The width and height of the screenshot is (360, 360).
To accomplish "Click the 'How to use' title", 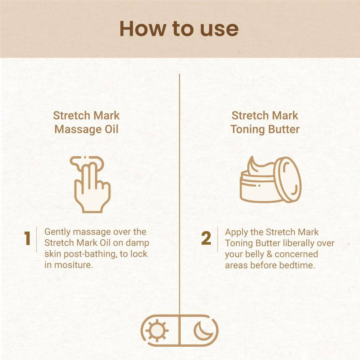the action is click(x=179, y=29).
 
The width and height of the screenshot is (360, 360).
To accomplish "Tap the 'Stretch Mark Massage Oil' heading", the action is click(x=86, y=123).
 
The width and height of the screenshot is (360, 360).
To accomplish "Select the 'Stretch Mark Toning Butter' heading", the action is click(x=265, y=123).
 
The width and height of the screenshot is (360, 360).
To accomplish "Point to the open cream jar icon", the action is click(x=271, y=179).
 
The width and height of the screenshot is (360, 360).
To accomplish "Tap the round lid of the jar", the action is click(x=288, y=179).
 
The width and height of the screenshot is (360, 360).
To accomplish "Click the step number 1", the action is click(x=27, y=238).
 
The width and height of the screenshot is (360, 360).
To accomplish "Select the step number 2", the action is click(x=206, y=238).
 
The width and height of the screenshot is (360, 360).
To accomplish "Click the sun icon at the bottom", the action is click(x=157, y=331).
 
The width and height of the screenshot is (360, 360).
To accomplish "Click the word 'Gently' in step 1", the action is click(x=57, y=232).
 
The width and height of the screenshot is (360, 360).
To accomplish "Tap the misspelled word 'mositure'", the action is click(x=74, y=265).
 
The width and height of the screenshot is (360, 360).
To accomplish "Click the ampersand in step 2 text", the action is click(x=270, y=254).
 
